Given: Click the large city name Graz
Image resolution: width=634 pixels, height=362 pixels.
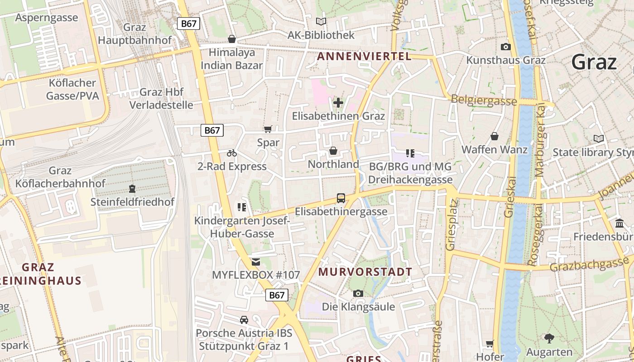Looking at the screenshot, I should [x=594, y=62].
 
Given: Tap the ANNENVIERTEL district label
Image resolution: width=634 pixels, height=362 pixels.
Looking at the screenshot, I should [x=364, y=57].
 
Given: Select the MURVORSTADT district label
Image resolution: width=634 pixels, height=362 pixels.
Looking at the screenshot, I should [x=365, y=272].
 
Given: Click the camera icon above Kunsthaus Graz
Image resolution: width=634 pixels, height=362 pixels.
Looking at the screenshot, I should [x=506, y=47].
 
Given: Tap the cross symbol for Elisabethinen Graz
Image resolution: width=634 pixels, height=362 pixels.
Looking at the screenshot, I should [x=338, y=103].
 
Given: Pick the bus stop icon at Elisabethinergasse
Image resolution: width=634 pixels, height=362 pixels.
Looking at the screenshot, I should [x=341, y=198].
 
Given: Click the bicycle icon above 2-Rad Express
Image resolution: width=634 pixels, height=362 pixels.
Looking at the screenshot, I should [x=232, y=153].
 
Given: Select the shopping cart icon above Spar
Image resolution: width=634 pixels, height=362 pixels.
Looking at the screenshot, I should [x=268, y=129].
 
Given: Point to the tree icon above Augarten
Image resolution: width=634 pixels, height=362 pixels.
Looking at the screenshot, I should [x=549, y=338].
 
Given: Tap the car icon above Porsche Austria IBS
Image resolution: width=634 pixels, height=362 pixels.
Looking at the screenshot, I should [x=244, y=319].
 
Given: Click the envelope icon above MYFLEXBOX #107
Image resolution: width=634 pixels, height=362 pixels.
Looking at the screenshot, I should [x=256, y=262].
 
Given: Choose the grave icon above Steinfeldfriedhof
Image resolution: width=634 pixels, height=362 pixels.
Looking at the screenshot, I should [x=132, y=188].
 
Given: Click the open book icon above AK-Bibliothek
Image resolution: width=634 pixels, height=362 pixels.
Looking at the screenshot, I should [x=321, y=21].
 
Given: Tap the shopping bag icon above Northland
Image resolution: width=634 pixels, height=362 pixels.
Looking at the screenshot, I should [x=333, y=151].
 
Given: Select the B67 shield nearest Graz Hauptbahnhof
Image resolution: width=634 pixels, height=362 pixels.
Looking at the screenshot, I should [x=188, y=24].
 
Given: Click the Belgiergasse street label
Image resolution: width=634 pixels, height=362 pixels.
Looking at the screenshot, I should [x=484, y=100].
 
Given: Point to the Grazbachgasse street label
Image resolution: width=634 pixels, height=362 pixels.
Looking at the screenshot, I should [x=589, y=264].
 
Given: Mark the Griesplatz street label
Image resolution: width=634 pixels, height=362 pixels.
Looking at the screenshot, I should [x=451, y=224].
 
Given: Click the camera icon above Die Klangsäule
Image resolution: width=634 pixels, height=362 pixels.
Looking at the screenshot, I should [x=358, y=294].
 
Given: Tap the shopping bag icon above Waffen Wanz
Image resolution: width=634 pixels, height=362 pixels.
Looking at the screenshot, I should [x=495, y=136].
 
